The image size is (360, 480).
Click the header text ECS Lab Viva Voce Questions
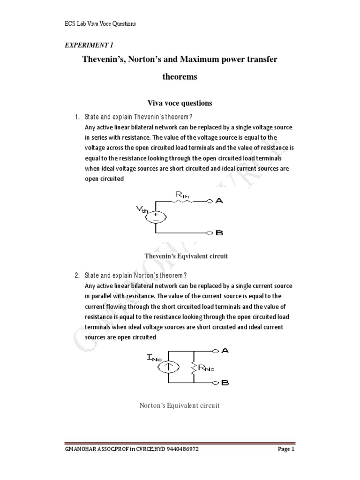(x=100, y=24)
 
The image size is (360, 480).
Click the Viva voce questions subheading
(x=180, y=103)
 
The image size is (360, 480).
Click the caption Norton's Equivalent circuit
(x=180, y=405)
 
